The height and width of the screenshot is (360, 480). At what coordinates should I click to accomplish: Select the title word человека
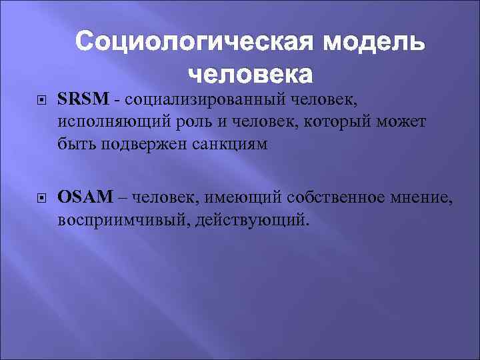pyautogui.click(x=250, y=74)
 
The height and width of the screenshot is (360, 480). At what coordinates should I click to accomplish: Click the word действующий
pyautogui.click(x=253, y=219)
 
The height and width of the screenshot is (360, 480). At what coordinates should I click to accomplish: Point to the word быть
pyautogui.click(x=77, y=145)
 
